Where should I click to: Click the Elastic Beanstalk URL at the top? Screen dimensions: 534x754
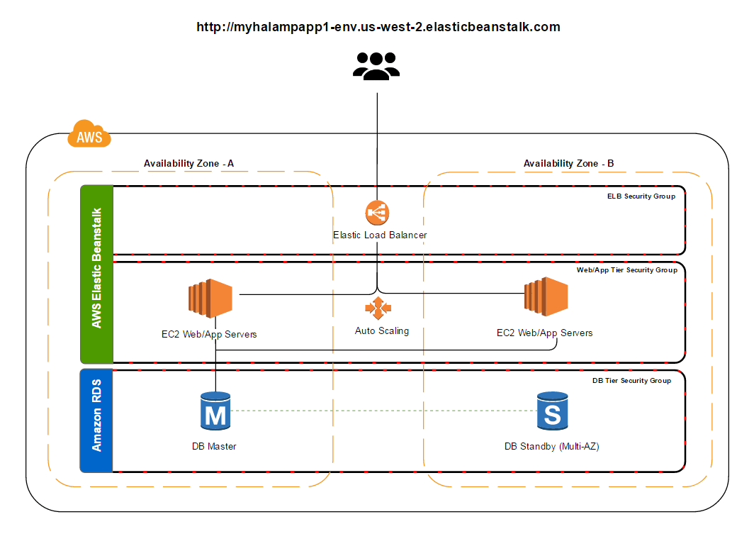point(378,28)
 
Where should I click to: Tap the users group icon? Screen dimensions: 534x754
point(376,66)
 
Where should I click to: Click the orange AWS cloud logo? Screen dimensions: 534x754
point(89,134)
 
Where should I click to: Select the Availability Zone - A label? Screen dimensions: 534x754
point(188,164)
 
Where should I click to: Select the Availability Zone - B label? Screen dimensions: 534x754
point(568,164)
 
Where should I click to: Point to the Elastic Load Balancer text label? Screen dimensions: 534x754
point(380,235)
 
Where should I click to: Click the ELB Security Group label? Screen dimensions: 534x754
point(641,196)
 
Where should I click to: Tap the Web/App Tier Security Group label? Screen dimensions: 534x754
point(626,270)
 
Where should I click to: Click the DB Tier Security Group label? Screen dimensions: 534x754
point(631,381)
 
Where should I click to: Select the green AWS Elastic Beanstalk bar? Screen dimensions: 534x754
point(97,274)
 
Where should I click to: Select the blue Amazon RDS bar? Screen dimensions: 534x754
point(97,421)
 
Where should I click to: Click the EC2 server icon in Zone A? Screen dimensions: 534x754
point(210,296)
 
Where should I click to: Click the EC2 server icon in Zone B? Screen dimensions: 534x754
point(546,296)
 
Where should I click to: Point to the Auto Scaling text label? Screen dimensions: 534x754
point(382,331)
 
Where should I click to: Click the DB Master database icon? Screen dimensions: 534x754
point(214,411)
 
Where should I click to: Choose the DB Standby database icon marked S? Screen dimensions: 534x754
point(551,411)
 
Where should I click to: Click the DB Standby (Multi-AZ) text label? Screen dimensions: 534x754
point(551,447)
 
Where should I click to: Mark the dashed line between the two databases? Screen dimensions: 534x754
point(383,411)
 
